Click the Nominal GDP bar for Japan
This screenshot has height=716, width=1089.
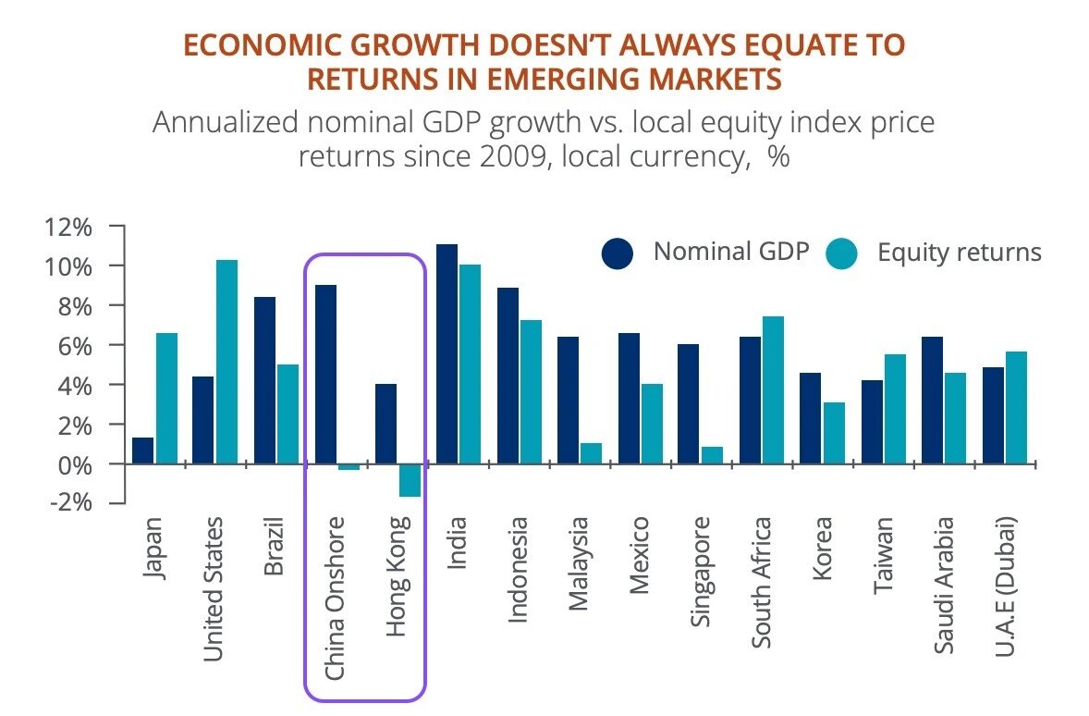pos(142,451)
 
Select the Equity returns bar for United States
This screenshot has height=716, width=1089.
pos(226,362)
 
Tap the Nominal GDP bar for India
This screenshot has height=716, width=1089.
pos(447,353)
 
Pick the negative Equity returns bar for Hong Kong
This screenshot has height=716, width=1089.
pos(410,480)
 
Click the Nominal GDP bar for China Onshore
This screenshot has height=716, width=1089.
pos(326,374)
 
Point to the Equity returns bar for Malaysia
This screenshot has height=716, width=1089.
pos(592,453)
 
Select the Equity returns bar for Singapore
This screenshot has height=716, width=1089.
pos(712,454)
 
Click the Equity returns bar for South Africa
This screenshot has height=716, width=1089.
pos(772,389)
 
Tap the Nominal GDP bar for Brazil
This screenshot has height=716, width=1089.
pos(264,379)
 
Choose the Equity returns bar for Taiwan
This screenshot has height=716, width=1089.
pos(893,408)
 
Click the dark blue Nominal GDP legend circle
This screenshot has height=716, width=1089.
pos(618,253)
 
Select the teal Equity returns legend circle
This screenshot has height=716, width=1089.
pos(841,253)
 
